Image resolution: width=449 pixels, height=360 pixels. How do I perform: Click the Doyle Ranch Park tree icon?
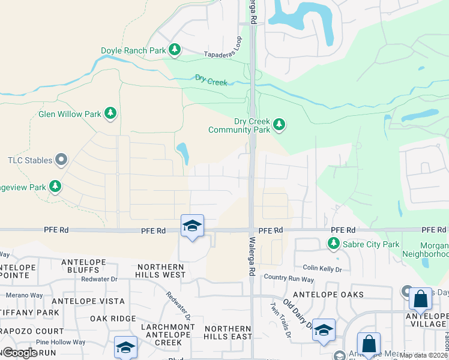175,50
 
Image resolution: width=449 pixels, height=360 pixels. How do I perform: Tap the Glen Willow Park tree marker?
110,113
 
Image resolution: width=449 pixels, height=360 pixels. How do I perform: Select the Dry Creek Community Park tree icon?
279,125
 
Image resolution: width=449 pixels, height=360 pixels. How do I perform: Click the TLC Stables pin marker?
61,160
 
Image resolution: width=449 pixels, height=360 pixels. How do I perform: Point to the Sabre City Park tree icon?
333,244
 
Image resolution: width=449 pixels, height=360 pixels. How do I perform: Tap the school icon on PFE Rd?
192,226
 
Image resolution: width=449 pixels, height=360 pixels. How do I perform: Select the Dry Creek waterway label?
211,79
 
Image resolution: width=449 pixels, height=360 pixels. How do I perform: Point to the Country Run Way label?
289,278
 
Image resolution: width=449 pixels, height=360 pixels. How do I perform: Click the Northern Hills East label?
227,332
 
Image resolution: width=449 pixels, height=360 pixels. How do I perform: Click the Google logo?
20,352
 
